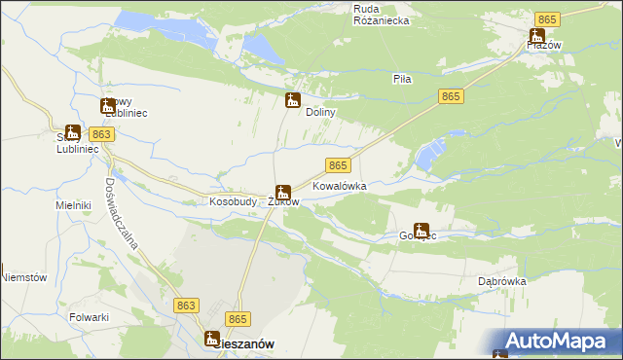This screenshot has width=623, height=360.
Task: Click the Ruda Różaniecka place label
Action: tap(381, 14)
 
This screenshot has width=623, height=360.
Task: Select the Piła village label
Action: tap(403, 79)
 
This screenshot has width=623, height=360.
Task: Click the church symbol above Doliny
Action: tap(292, 99)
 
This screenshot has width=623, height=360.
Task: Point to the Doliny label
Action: tap(320, 113)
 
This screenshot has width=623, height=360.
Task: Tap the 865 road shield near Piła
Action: tap(450, 95)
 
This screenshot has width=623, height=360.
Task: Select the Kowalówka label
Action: tap(339, 185)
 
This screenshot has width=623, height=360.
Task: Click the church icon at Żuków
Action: tap(282, 192)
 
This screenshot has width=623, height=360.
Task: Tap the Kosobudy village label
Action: tap(233, 202)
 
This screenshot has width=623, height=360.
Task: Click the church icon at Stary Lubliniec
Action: tap(72, 131)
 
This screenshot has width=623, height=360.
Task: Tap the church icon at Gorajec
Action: tap(421, 231)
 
